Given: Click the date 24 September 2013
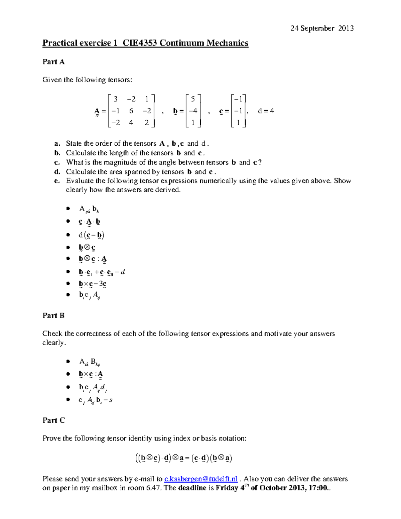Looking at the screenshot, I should click(x=322, y=28).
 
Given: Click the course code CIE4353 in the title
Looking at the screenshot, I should click(x=140, y=43).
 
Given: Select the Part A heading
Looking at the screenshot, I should click(x=53, y=62).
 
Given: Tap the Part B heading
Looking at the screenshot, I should click(x=53, y=315).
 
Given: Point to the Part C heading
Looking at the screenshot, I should click(x=53, y=420).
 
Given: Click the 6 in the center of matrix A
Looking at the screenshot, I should click(x=131, y=111).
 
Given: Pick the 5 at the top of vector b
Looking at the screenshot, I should click(x=193, y=99).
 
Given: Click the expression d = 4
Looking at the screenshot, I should click(x=266, y=111).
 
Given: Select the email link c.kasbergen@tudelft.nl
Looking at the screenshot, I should click(x=201, y=479).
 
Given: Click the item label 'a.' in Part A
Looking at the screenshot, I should click(x=57, y=144).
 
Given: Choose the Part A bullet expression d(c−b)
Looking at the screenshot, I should click(x=92, y=235).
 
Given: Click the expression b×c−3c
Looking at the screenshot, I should click(x=93, y=284).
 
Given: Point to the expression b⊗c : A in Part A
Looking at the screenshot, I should click(x=93, y=259).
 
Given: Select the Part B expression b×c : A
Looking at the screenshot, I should click(x=91, y=374).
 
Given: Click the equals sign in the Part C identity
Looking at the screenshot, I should click(x=187, y=458).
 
